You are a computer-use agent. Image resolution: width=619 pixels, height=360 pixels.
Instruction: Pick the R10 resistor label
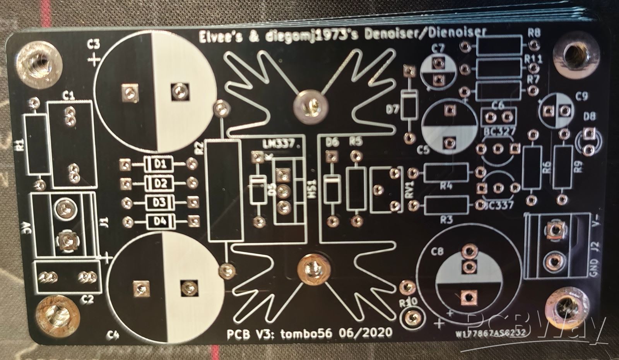407,302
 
